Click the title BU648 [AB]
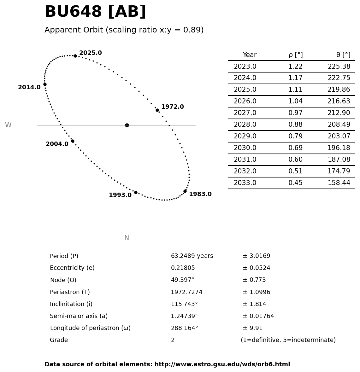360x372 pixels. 95,12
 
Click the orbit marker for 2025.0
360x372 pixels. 75,56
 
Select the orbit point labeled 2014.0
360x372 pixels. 45,84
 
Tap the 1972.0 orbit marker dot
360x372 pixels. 157,110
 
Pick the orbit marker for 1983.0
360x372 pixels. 185,191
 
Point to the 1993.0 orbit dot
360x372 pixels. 136,192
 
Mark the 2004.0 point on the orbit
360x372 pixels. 73,141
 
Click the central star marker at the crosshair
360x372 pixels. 127,125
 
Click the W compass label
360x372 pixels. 8,125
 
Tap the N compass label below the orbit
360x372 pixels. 127,238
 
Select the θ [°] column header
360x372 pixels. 343,55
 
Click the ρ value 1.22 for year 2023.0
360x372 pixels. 295,67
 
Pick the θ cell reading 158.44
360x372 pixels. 339,183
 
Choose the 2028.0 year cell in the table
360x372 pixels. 245,125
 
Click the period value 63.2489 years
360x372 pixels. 192,256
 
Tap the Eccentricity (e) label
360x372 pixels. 72,268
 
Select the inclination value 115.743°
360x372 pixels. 184,304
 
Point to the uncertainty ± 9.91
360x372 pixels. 252,328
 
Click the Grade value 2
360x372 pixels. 173,340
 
